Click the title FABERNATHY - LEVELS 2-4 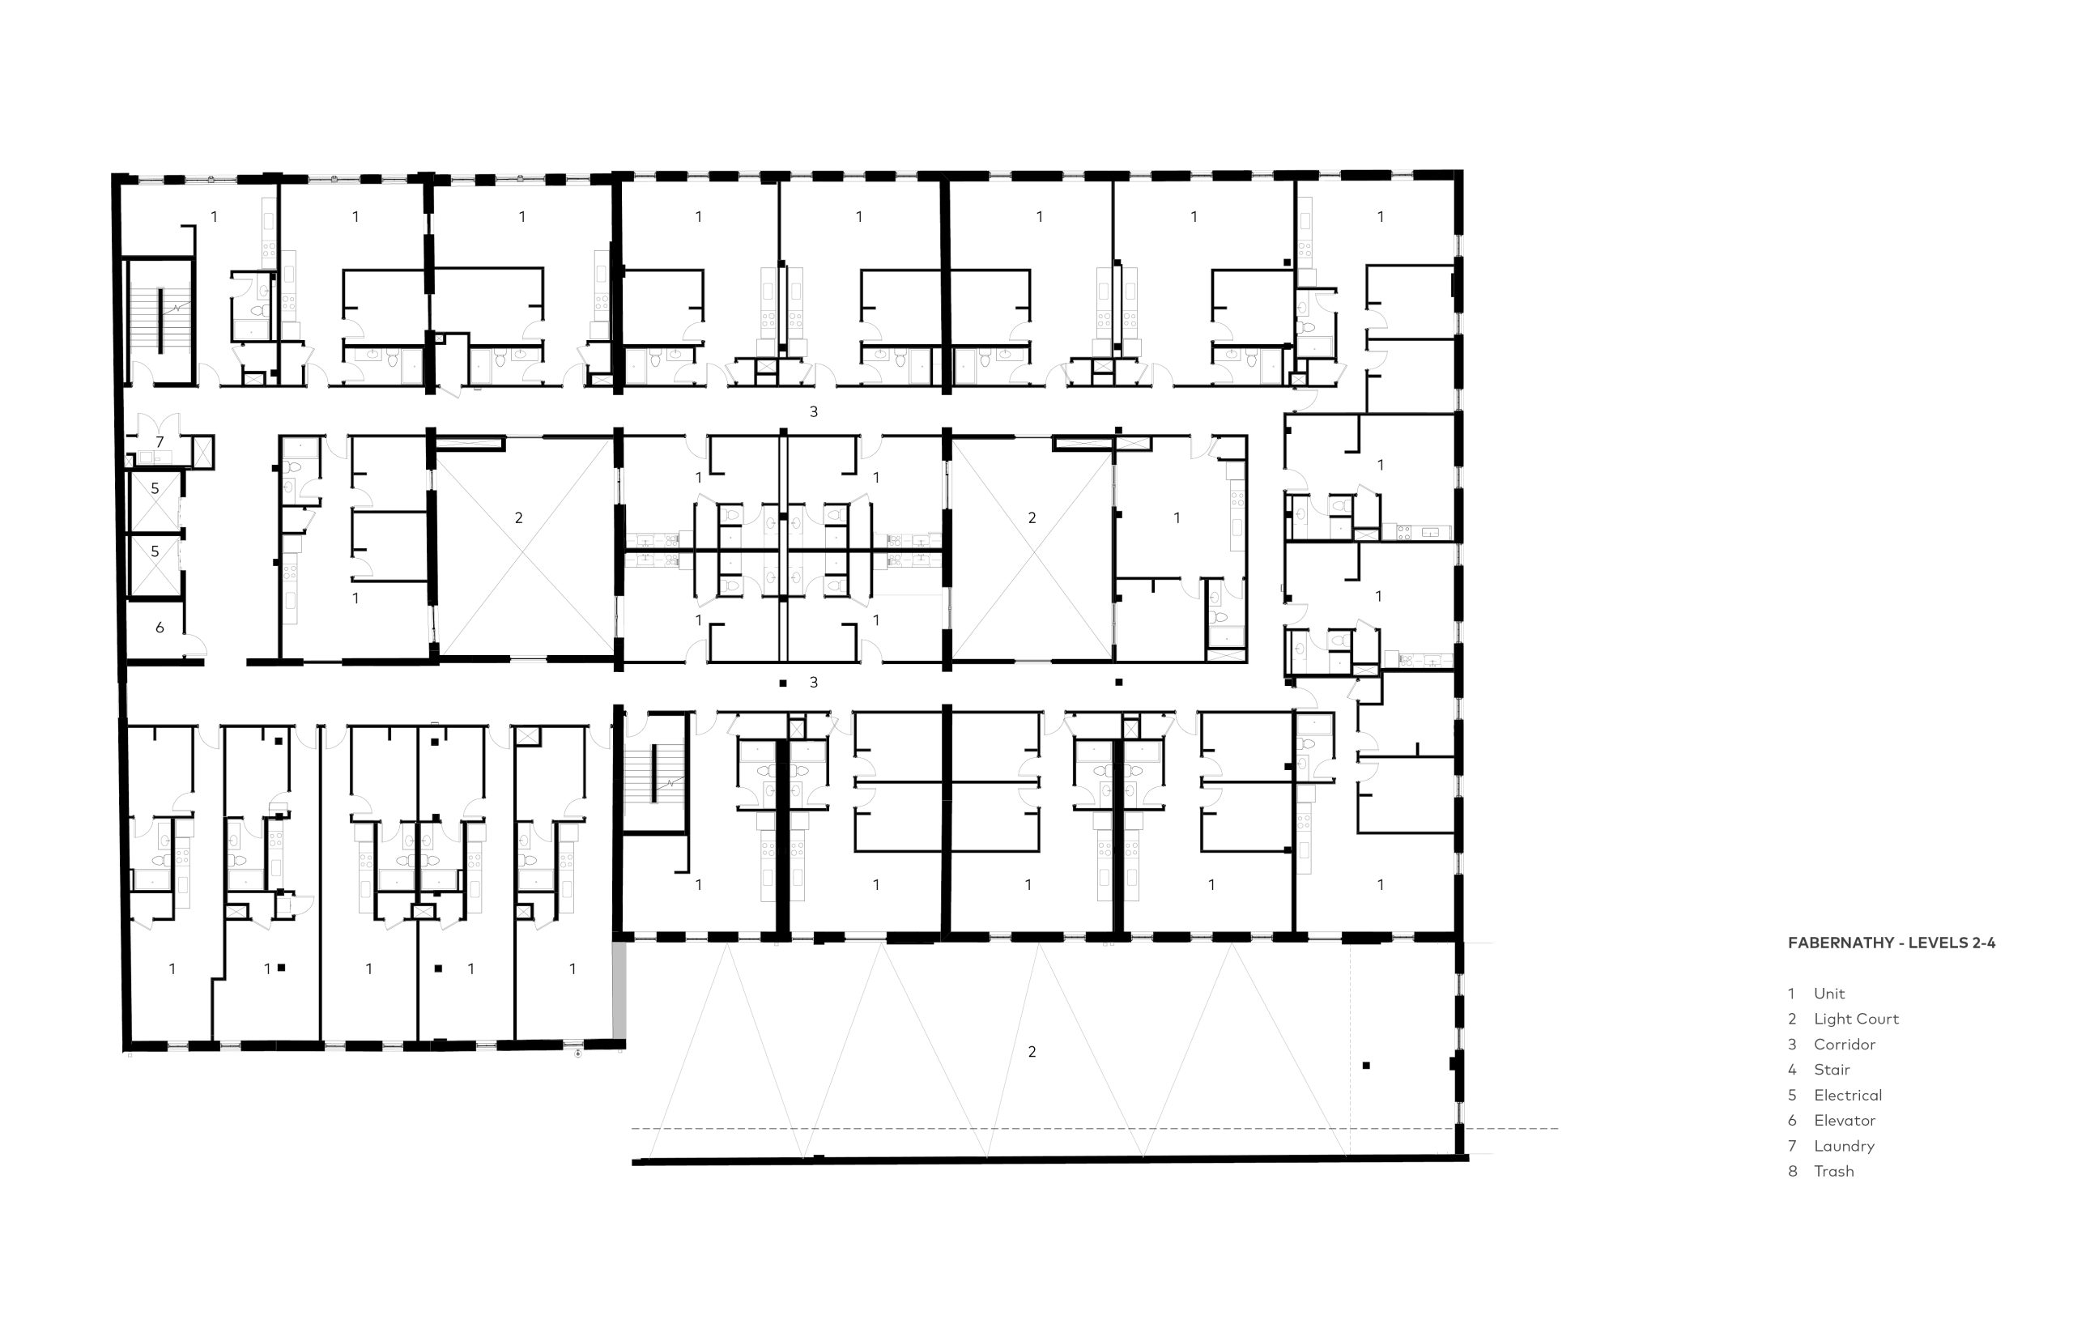1891,943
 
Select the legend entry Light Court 1843,1019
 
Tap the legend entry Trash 1820,1171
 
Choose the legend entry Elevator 1831,1121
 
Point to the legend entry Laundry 1831,1146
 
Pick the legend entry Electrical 1834,1096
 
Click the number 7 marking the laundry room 160,442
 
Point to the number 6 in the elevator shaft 160,627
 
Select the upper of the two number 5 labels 155,488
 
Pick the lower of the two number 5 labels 155,551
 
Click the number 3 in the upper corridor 813,412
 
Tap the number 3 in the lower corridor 813,683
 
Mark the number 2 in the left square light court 518,518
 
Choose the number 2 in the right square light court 1032,518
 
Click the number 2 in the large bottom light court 1032,1052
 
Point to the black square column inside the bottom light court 1366,1065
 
